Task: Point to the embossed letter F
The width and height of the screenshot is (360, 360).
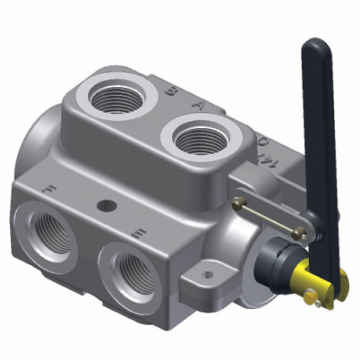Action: (49, 189)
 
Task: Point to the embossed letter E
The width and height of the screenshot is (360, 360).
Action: (139, 232)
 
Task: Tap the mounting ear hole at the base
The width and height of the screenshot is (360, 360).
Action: (208, 274)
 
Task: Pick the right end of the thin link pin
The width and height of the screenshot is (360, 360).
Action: (299, 230)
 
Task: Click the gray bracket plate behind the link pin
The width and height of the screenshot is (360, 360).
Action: (259, 197)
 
